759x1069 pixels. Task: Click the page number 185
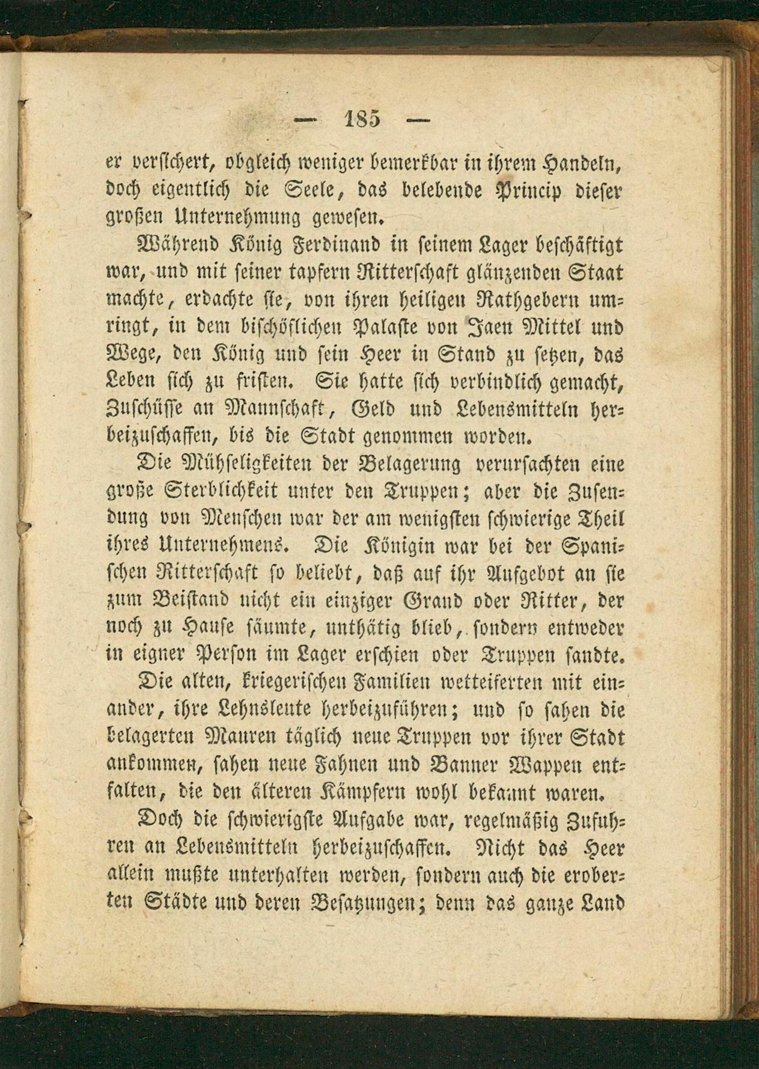point(364,118)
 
